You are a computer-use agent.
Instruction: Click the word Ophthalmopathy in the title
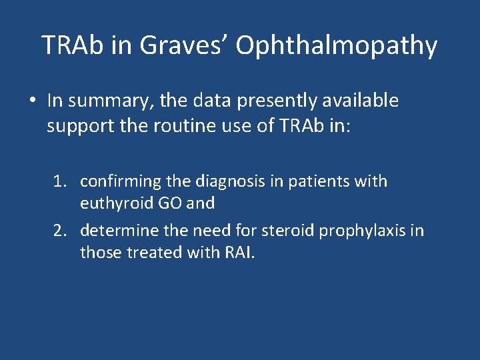(337, 46)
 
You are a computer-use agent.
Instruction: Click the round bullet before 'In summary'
(32, 101)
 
